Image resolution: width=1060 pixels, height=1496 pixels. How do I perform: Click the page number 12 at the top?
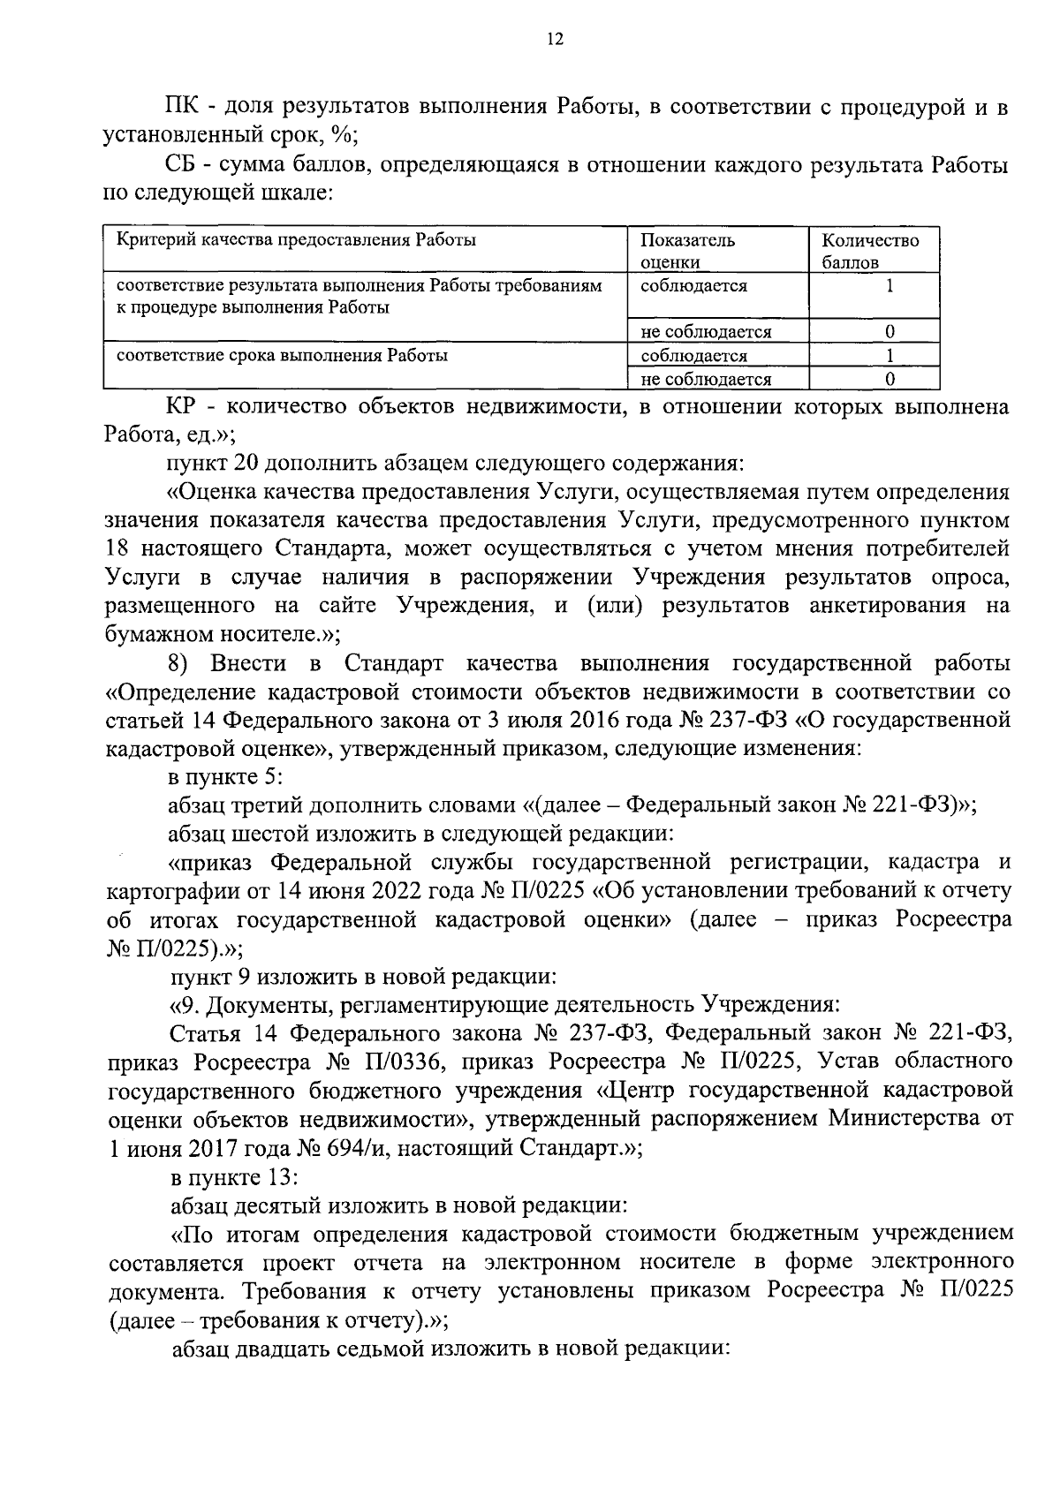[x=554, y=39]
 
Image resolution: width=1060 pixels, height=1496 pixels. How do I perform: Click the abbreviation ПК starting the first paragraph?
[x=182, y=108]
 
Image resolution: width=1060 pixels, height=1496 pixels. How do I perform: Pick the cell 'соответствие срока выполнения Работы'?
[x=282, y=356]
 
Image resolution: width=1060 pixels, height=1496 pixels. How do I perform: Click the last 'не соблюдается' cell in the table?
[x=706, y=379]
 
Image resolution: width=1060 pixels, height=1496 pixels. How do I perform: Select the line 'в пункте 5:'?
[x=225, y=777]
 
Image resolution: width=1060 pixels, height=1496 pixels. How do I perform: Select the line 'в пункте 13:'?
[x=233, y=1177]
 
